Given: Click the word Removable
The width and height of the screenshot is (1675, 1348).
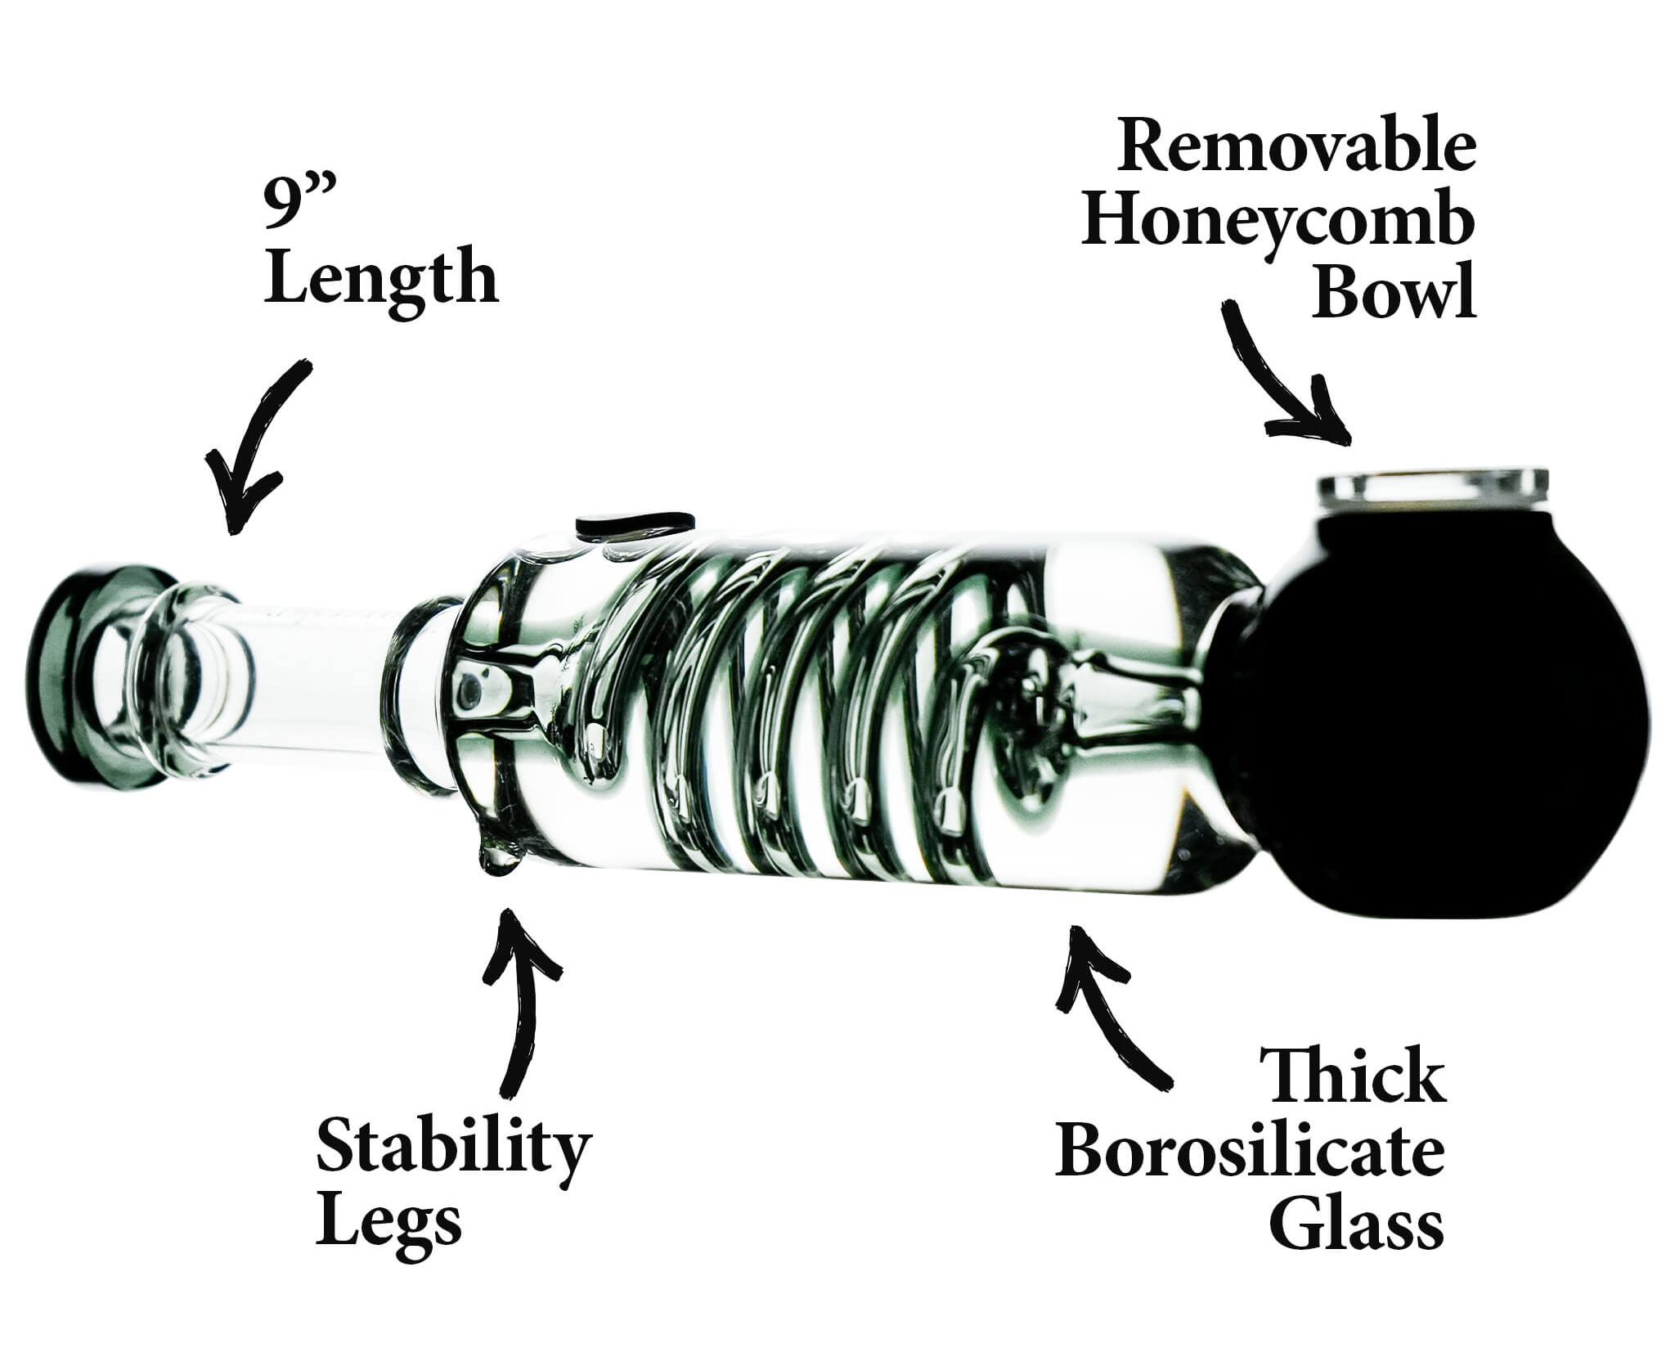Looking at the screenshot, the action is click(x=1297, y=146).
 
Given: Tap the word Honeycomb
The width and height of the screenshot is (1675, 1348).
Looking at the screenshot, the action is click(x=1278, y=224).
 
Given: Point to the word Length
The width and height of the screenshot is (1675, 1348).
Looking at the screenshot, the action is click(x=381, y=281).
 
